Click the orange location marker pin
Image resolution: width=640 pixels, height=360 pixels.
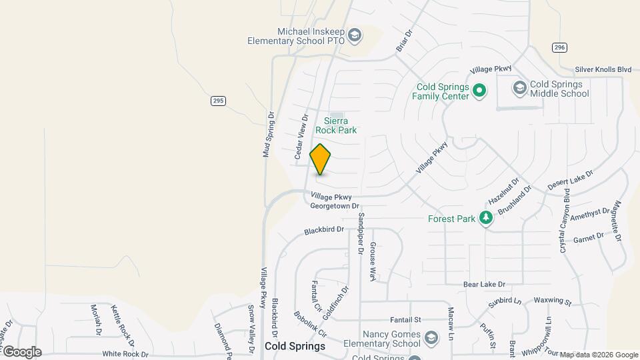(x=320, y=159)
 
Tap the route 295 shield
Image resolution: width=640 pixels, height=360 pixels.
(x=218, y=101)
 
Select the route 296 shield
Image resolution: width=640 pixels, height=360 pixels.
(x=559, y=47)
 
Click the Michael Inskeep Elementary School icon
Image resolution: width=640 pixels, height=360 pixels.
(x=354, y=35)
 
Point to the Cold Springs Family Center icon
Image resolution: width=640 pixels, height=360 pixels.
(x=479, y=91)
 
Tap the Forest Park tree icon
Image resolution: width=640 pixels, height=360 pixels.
(x=487, y=218)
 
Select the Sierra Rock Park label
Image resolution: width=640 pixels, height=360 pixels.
(x=340, y=125)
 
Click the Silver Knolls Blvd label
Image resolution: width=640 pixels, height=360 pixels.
(x=604, y=69)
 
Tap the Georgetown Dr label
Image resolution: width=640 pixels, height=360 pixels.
(x=335, y=207)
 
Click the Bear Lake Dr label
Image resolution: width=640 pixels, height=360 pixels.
(x=485, y=284)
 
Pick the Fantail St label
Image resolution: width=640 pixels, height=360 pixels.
(x=406, y=320)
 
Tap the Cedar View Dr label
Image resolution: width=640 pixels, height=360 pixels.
(x=301, y=137)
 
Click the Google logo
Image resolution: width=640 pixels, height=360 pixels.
(x=22, y=352)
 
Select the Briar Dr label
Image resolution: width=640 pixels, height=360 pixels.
(x=405, y=41)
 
